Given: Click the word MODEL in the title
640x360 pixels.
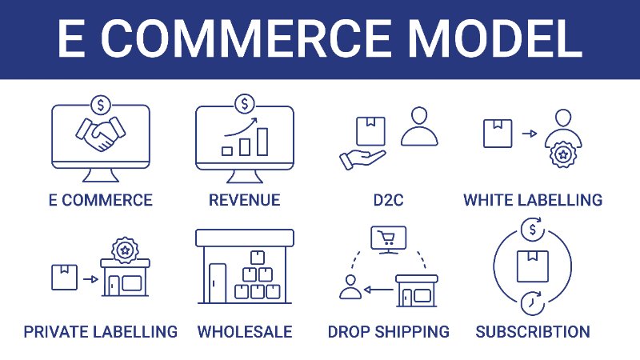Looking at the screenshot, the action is point(494,38).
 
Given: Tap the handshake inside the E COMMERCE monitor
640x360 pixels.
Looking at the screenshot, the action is point(101,134).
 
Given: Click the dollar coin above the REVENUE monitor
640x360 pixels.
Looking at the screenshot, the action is point(245,104).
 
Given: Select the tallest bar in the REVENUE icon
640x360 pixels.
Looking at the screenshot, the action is point(262,142).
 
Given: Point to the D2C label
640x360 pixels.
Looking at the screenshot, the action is point(388,200).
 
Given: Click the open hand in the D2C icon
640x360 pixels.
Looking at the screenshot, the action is point(362,159).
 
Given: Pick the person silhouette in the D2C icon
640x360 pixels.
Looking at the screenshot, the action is point(419,126).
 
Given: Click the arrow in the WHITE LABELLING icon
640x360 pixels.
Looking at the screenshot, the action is point(530,134).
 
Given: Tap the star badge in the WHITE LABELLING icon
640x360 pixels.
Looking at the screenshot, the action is point(563,154).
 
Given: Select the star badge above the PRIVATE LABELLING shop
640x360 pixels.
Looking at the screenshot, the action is point(126,250).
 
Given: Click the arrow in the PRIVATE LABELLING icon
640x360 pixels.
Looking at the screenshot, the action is point(90,279).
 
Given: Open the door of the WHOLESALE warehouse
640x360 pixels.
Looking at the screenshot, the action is point(217,283).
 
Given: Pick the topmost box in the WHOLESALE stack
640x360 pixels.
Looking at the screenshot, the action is point(257,258).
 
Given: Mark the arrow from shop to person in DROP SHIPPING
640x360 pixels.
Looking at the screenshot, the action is point(378,290).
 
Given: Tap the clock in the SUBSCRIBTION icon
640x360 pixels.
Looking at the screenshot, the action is point(532,303).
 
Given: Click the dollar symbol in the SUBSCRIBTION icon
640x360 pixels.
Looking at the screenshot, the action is point(532,230).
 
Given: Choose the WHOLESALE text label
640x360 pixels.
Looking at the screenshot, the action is point(245,332).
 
